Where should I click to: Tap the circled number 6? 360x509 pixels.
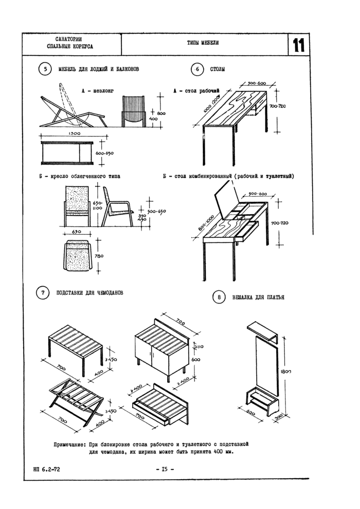point(196,69)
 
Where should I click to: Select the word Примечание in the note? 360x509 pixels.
point(70,444)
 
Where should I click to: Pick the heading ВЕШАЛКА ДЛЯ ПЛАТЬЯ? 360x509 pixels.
point(259,297)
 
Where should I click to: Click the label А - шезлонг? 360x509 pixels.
point(97,91)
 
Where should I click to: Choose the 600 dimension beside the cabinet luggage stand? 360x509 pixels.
point(195,360)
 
